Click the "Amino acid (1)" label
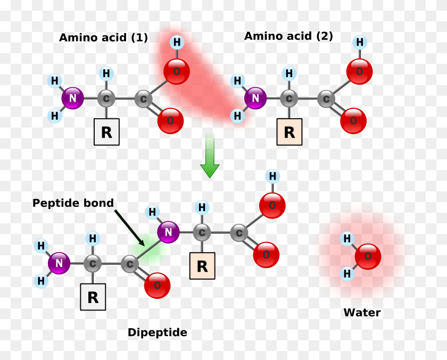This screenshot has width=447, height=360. coord(103,38)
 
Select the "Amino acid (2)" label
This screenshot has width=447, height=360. coord(288,36)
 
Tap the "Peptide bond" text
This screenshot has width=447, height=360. coord(73,203)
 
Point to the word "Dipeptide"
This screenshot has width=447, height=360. coord(157,333)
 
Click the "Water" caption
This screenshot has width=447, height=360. coord(362,313)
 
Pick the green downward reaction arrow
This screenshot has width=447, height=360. coord(210,157)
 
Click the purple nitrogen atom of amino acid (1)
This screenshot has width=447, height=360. coord(72,98)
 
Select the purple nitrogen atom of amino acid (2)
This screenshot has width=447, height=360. coord(255,98)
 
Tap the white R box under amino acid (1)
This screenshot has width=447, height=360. coord(106,132)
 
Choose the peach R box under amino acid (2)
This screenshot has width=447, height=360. coord(289,132)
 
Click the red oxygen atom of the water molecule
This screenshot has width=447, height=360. coord(368,256)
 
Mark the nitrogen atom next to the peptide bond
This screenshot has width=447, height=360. coord(168,232)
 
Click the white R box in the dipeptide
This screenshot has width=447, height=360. coord(93,297)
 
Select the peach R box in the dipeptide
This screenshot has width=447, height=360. coord(202,266)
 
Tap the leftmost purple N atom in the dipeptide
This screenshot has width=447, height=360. coord(59,263)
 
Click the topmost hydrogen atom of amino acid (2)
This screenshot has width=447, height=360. coord(360,42)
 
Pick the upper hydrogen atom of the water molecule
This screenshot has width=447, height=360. coord(347,239)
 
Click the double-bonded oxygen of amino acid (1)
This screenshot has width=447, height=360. coord(170,121)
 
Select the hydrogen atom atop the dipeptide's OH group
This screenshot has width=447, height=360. coord(272,176)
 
